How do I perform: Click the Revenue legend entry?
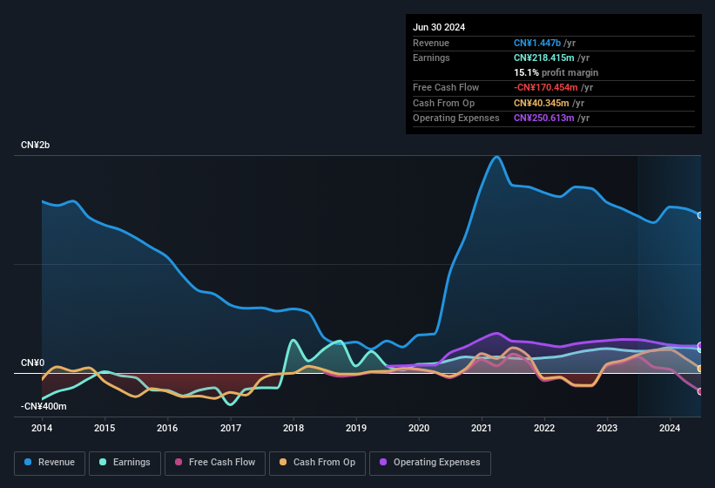(50, 462)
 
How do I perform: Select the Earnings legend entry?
(125, 462)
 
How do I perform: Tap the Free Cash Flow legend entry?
(215, 462)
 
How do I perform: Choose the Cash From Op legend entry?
(318, 462)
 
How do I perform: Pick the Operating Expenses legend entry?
(430, 462)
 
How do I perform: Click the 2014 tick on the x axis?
(42, 428)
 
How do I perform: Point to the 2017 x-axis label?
(231, 428)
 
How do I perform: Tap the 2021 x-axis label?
(482, 428)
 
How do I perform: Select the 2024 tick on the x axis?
(670, 428)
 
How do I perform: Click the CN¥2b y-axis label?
(36, 145)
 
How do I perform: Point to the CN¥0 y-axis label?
(32, 363)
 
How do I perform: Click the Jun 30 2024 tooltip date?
(439, 27)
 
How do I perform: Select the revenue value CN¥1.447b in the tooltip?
(537, 43)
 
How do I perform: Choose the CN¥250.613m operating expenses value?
(543, 118)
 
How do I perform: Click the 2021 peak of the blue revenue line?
(496, 157)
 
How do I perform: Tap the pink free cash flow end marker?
(700, 391)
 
